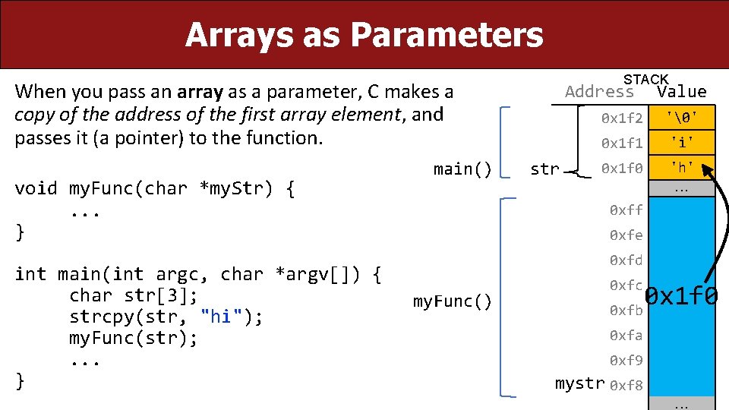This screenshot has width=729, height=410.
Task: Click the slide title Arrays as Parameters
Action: tap(364, 35)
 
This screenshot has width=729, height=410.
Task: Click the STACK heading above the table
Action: tap(645, 79)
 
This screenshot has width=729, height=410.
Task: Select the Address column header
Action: tap(599, 92)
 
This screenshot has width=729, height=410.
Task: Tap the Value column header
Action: tap(681, 92)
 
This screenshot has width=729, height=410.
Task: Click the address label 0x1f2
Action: tap(622, 118)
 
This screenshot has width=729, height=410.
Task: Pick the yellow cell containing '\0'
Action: tap(681, 118)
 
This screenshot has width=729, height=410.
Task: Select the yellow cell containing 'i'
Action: tap(681, 142)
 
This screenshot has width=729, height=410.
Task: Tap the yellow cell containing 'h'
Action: tap(681, 167)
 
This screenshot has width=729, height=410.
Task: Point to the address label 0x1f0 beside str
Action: tap(622, 168)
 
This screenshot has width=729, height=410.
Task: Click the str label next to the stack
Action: tap(544, 169)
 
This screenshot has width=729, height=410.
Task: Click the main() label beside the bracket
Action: tap(462, 169)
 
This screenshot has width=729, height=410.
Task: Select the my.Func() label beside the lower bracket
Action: tap(453, 302)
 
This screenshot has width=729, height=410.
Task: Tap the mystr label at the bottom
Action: tap(580, 383)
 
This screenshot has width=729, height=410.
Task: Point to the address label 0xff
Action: tap(626, 210)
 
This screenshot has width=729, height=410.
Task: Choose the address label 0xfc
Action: tap(626, 285)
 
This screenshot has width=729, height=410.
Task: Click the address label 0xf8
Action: tap(626, 385)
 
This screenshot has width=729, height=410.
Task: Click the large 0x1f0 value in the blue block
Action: tap(681, 296)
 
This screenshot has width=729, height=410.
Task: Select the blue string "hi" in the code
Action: tap(221, 317)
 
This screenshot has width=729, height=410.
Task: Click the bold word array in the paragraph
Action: tap(200, 93)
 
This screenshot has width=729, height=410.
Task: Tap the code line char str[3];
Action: tap(134, 295)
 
